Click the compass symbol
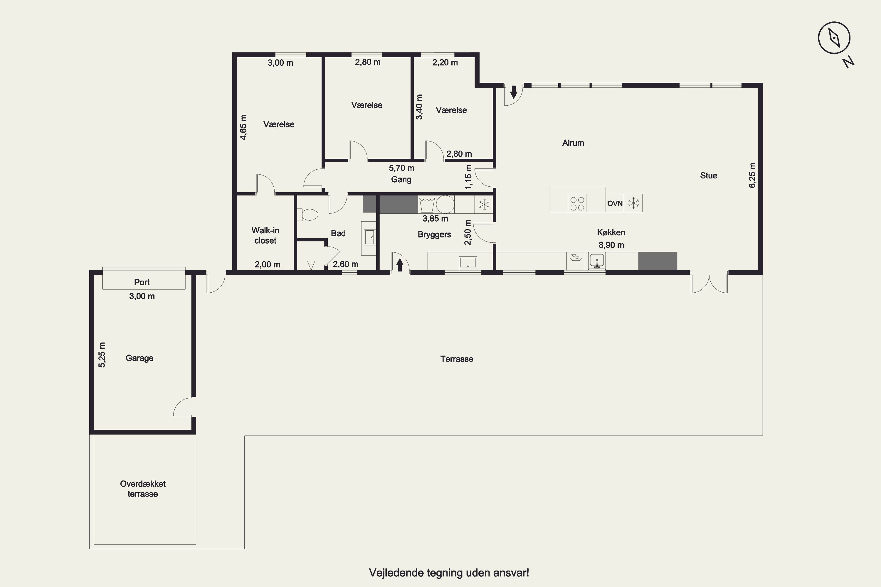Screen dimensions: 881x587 834,38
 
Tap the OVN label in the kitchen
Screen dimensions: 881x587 615,203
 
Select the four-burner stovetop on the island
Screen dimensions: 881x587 577,203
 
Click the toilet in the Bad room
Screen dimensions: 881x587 307,215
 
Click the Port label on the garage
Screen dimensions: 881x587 142,282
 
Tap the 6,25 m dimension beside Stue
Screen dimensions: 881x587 752,175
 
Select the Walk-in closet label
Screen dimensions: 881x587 265,235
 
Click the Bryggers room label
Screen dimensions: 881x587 434,235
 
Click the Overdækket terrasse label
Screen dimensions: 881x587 143,489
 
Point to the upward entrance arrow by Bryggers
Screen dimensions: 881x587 400,265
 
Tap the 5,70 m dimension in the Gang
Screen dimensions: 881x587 401,168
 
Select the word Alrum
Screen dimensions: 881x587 573,143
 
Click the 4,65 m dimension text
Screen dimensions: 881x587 243,127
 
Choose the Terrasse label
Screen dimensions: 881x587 457,359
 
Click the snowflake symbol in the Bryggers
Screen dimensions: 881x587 484,204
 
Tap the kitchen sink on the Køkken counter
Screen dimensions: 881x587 597,261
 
